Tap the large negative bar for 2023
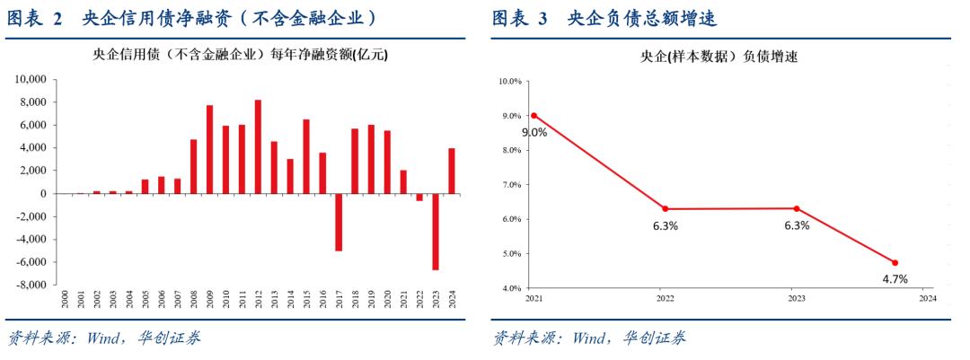click(x=435, y=232)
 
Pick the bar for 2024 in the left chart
click(x=452, y=171)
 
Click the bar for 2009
click(x=209, y=149)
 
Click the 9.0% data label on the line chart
click(x=534, y=132)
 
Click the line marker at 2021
click(x=533, y=115)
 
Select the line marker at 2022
click(x=665, y=209)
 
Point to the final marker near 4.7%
click(x=895, y=263)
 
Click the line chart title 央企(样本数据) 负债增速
click(x=719, y=57)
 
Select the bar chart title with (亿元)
click(x=241, y=55)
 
